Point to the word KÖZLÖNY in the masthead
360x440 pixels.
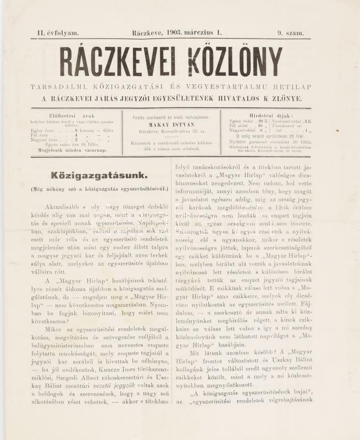tap(237, 62)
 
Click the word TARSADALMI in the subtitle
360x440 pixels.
tap(59, 87)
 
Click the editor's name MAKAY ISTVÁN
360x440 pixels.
tap(172, 124)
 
